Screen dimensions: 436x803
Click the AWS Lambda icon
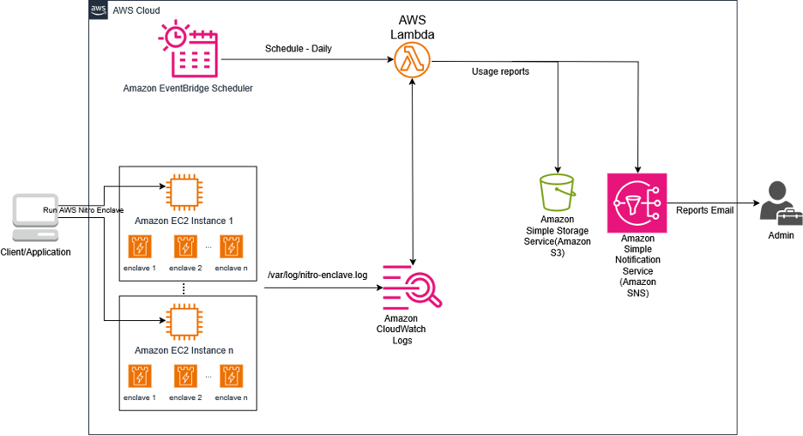click(412, 61)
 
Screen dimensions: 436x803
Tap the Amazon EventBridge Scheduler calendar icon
click(187, 50)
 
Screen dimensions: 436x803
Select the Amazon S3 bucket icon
click(558, 193)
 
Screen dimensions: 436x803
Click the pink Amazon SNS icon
click(637, 203)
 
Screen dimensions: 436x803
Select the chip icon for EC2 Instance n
click(183, 323)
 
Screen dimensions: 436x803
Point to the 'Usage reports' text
click(500, 71)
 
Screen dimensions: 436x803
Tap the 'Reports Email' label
click(704, 209)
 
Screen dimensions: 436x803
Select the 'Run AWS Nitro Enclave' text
click(83, 209)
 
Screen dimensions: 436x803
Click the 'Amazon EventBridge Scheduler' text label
click(187, 88)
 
